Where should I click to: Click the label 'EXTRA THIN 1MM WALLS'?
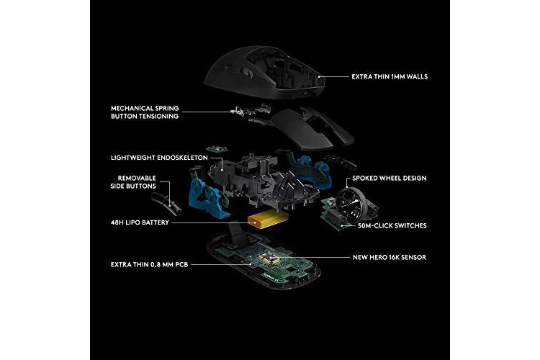tap(390, 76)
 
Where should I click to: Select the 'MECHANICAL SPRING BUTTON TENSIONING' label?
tap(145, 112)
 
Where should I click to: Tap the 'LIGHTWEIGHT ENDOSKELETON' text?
tap(159, 158)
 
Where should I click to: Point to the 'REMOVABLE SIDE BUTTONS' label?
tap(133, 182)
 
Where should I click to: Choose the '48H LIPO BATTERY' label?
tap(140, 222)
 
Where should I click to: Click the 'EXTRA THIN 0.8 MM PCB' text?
tap(150, 264)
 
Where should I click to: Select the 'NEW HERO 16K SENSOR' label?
tap(390, 257)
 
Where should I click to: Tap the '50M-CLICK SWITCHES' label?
tap(392, 225)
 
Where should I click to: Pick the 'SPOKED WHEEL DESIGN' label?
tap(389, 178)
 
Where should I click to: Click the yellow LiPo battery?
tap(269, 220)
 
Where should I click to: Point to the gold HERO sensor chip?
tap(270, 257)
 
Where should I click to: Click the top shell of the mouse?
tap(265, 72)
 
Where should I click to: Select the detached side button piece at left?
tap(166, 203)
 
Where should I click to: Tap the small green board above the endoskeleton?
tap(217, 149)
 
